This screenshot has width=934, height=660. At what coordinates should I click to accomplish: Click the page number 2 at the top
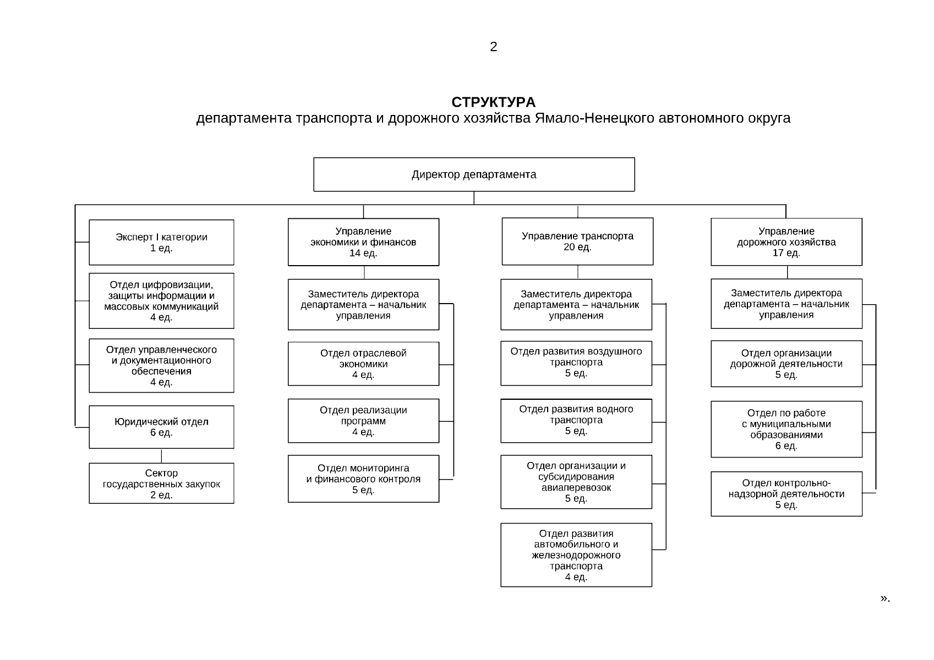pos(493,47)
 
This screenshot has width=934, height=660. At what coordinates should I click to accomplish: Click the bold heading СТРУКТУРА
pos(493,102)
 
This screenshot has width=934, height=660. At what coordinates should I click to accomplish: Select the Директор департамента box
pos(474,174)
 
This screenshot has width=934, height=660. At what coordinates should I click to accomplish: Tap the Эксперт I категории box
pos(161,243)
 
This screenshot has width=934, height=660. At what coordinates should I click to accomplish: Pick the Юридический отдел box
pos(161,427)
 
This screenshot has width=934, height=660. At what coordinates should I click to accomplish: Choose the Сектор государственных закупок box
pos(161,483)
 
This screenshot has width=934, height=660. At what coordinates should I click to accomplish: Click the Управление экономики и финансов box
pos(363,242)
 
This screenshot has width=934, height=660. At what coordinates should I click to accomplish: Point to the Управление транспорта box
pos(577,241)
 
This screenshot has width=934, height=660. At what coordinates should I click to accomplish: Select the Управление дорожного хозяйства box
pos(786,242)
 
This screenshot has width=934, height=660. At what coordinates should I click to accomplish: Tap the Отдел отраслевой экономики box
pos(363,364)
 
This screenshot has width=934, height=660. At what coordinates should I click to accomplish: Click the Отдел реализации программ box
pos(363,421)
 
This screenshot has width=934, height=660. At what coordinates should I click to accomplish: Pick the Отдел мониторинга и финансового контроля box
pos(363,479)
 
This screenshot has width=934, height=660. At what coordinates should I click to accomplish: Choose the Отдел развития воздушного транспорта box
pos(576,362)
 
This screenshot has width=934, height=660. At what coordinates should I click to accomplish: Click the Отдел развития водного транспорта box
pos(576,420)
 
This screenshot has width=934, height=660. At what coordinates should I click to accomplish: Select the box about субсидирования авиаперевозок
pos(576,482)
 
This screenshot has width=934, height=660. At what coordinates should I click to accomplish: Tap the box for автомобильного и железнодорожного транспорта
pos(576,555)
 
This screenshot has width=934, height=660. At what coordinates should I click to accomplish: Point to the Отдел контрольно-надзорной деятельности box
pos(786,493)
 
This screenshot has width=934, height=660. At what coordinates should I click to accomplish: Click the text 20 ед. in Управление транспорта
pos(577,248)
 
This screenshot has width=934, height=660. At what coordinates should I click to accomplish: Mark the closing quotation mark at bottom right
pos(883,598)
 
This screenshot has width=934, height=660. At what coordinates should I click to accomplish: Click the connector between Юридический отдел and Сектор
pos(161,456)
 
